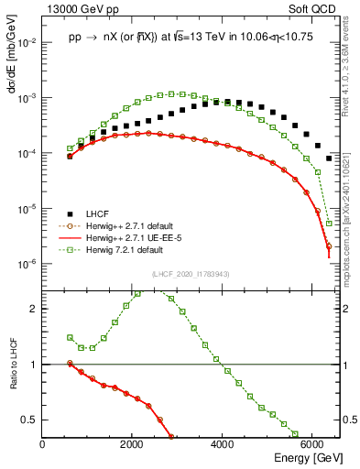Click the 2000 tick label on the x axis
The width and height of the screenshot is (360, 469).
point(132,443)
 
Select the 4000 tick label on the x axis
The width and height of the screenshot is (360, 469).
point(222,443)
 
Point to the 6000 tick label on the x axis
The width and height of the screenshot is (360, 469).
point(311,443)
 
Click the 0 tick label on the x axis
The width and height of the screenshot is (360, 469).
point(42,443)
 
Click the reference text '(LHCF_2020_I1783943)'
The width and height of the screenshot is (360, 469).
point(191,275)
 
